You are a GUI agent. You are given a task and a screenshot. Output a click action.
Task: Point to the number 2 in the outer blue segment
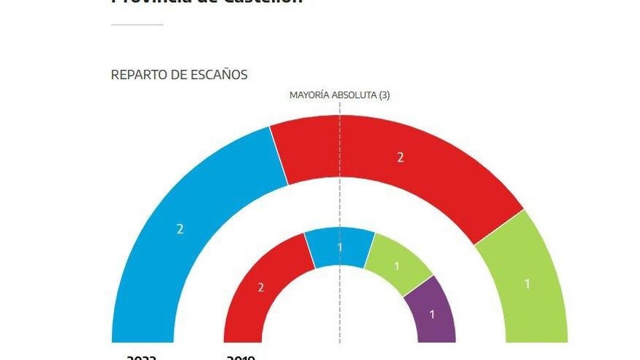click(180, 229)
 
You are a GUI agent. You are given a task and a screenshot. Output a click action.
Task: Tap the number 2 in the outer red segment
click(400, 158)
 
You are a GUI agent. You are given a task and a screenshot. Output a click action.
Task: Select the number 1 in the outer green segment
click(527, 284)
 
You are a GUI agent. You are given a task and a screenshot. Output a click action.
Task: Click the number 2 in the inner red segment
click(261, 288)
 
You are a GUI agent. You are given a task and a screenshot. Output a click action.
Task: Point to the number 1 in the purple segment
click(433, 315)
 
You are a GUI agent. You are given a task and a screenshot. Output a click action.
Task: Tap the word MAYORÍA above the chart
click(309, 95)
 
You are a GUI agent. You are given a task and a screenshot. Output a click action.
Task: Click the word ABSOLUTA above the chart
click(354, 95)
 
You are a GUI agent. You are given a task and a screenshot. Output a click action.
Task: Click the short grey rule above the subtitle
click(137, 25)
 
